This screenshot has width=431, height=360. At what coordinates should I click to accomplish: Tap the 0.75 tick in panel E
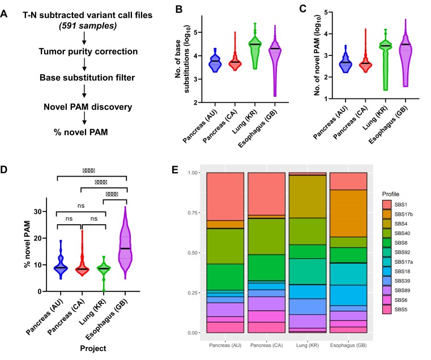click(196, 213)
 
